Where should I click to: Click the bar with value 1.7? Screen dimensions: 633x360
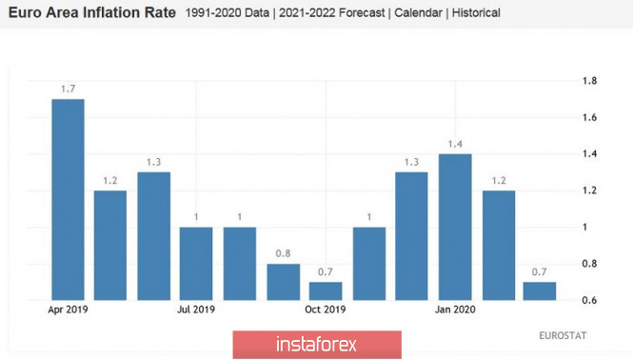click(68, 200)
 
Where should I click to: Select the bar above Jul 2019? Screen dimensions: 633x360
click(196, 264)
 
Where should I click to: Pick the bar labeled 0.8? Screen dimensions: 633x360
click(284, 282)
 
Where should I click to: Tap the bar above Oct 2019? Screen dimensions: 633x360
click(326, 291)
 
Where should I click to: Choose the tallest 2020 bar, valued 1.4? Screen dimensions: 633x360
click(455, 227)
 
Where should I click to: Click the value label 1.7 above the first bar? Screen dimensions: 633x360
click(68, 89)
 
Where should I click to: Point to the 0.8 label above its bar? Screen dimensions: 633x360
click(283, 253)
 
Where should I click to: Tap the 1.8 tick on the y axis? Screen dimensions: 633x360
click(589, 81)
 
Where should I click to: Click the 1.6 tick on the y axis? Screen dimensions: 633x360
click(589, 117)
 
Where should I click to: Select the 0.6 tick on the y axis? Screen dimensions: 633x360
click(589, 300)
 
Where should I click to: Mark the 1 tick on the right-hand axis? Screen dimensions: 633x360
click(584, 227)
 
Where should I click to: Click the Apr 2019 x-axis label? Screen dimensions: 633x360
click(68, 310)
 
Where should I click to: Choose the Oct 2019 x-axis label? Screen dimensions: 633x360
click(326, 310)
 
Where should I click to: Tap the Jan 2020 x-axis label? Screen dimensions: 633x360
click(455, 310)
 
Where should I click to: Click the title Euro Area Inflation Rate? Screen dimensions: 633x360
click(92, 13)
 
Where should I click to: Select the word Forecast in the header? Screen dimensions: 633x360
click(362, 13)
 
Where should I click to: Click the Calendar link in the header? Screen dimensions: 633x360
click(418, 13)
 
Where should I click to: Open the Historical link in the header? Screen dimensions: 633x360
click(476, 13)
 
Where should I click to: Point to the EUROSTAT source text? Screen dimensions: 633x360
click(563, 336)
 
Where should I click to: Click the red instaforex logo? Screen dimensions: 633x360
click(317, 345)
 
